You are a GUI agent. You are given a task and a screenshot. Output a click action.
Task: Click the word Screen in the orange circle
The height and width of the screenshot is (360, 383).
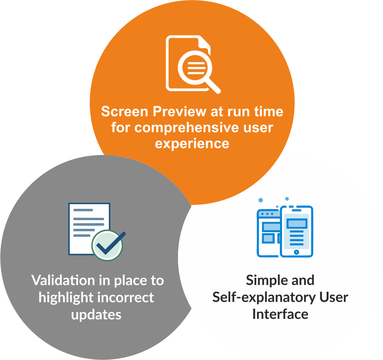[x=125, y=111]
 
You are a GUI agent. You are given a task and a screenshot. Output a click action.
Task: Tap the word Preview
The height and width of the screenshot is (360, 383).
[x=179, y=112]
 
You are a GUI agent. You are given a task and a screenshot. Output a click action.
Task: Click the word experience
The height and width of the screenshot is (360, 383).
[x=192, y=144]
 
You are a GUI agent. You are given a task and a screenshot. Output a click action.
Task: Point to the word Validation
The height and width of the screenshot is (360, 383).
[x=63, y=280]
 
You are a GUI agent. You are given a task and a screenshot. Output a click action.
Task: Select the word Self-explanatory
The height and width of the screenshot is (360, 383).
[x=264, y=298]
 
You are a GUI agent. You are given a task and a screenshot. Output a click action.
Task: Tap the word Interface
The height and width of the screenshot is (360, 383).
[x=280, y=314]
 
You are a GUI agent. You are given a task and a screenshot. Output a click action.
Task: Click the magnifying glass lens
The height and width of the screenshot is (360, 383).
[x=195, y=68]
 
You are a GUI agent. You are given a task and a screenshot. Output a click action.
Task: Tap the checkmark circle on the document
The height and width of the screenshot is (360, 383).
[x=107, y=245]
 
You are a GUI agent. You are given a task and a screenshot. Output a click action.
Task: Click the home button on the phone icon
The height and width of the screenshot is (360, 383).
[x=296, y=252]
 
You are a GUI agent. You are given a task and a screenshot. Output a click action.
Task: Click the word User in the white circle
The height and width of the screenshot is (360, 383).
[x=334, y=297]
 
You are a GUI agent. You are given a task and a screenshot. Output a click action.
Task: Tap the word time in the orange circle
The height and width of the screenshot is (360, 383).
[x=269, y=111]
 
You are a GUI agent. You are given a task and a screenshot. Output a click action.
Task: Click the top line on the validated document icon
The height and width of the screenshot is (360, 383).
[x=83, y=210]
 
